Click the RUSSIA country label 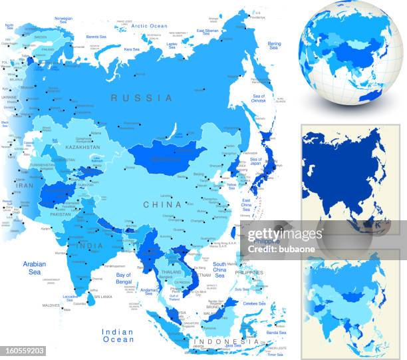(141, 98)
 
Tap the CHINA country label (162, 204)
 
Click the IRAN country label (25, 187)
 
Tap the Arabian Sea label (34, 268)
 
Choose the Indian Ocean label (118, 335)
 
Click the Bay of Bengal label (124, 277)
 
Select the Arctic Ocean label (149, 26)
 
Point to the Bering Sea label (273, 45)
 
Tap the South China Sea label (219, 268)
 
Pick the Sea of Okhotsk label (259, 99)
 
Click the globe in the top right (350, 53)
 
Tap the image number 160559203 (24, 350)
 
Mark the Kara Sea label (131, 49)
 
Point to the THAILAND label (171, 272)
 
